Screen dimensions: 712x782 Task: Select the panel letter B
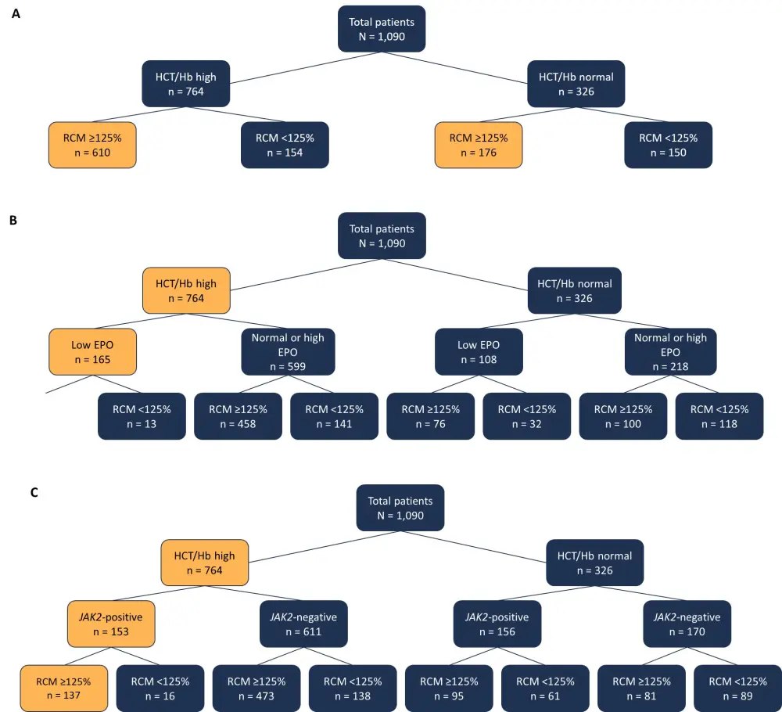click(13, 221)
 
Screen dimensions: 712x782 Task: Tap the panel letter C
click(34, 494)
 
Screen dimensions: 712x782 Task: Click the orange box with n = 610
click(92, 145)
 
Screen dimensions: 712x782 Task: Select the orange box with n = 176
click(479, 145)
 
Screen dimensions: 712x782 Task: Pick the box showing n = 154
click(285, 145)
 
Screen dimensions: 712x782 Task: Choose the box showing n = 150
click(669, 145)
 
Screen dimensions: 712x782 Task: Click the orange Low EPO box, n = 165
click(92, 352)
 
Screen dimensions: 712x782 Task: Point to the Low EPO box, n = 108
click(479, 352)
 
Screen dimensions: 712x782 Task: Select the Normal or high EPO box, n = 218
click(671, 352)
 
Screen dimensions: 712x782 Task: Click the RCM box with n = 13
click(141, 416)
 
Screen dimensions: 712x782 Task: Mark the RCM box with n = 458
click(238, 416)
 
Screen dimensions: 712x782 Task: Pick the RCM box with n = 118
click(719, 416)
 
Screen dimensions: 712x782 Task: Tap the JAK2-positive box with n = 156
click(497, 624)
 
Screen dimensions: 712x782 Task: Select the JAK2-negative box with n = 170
click(687, 624)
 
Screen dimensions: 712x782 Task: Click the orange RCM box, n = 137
click(63, 688)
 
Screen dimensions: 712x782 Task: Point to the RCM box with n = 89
click(737, 688)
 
